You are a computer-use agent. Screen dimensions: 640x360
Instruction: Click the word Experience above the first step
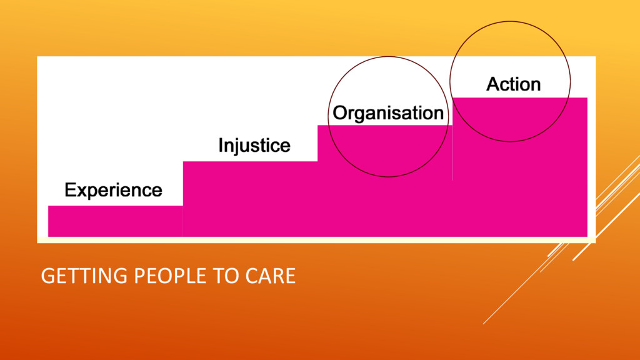pos(113,190)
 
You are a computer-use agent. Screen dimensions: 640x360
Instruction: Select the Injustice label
pos(254,146)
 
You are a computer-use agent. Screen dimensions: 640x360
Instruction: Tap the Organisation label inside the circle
pos(388,113)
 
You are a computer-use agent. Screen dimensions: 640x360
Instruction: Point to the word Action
pos(514,84)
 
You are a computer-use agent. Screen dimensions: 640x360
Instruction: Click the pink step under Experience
pos(115,221)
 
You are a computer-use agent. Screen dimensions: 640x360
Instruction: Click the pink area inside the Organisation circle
pos(387,150)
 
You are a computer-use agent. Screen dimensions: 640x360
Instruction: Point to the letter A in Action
pos(493,84)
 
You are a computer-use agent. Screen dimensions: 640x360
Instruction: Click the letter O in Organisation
pos(341,113)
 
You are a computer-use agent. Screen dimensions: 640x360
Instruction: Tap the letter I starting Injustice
pos(221,146)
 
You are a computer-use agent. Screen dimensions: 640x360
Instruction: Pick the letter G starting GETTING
pos(46,276)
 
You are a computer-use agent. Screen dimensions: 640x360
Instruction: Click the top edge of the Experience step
pos(115,206)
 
